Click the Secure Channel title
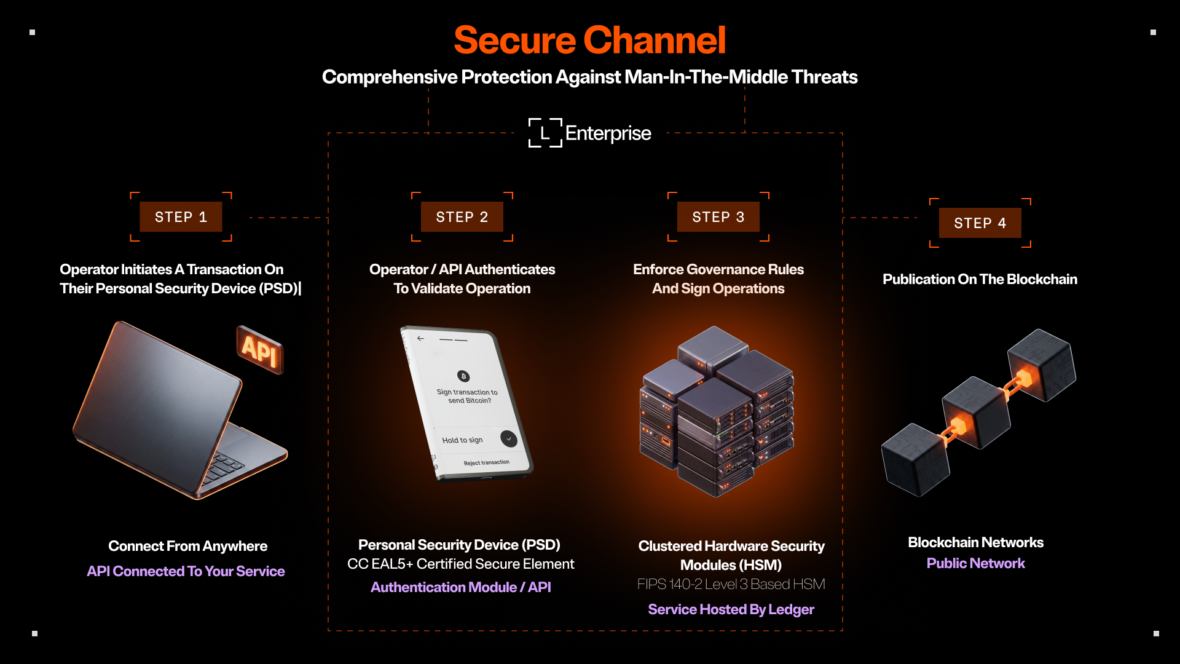590,41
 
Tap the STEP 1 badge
181,217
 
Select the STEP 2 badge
462,217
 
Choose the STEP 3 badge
718,217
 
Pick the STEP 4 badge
980,223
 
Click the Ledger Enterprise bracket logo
545,133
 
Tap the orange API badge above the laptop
260,349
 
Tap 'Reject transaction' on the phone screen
487,462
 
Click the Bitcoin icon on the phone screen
463,376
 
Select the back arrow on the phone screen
420,338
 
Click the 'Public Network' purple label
976,563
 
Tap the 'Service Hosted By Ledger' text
731,609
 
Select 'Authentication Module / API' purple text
461,587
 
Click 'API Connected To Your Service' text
186,571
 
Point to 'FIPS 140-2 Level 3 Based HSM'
731,584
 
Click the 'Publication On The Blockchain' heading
980,279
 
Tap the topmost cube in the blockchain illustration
1042,365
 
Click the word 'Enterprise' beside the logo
608,133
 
